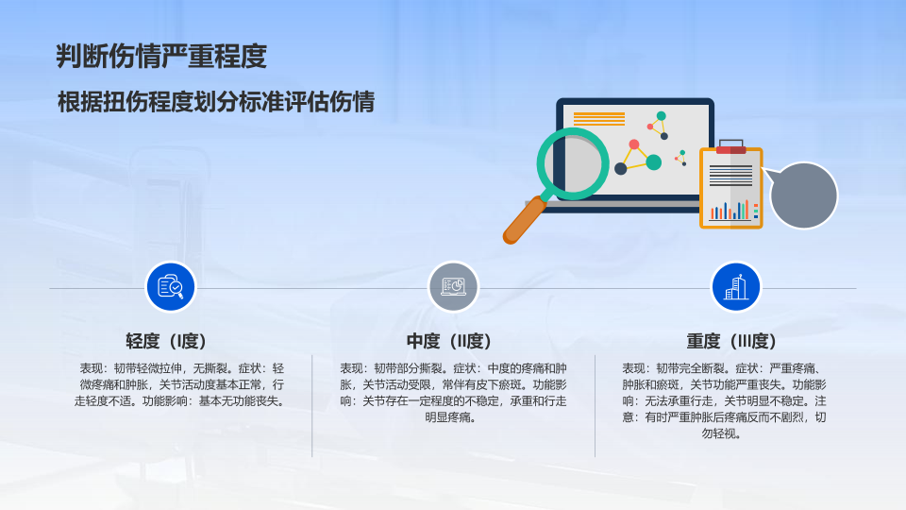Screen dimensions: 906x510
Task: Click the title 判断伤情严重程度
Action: click(161, 57)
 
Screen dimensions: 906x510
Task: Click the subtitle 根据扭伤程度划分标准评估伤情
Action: click(216, 102)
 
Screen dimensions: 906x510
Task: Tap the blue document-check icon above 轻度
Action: click(171, 287)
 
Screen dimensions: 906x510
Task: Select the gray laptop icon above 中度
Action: click(453, 287)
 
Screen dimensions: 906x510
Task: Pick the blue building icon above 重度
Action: click(735, 287)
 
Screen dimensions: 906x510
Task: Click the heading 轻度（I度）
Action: click(166, 341)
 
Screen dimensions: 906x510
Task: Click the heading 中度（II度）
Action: click(449, 341)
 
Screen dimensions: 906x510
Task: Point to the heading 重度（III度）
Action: click(731, 341)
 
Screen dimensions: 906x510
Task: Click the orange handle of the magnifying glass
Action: click(524, 220)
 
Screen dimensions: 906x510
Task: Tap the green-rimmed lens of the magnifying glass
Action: click(573, 164)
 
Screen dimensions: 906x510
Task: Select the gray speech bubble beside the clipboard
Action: click(802, 195)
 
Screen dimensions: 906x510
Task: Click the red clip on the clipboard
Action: click(730, 149)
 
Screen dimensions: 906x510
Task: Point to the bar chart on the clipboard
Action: click(730, 211)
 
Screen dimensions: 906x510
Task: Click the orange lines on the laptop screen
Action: click(599, 119)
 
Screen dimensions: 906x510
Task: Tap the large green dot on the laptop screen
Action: click(653, 162)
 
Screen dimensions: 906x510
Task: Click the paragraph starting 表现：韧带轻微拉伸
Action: click(179, 384)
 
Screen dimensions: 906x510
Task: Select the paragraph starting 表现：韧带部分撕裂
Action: click(453, 393)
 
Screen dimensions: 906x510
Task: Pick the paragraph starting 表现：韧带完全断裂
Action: click(724, 400)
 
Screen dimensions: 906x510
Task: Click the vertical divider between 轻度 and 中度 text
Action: click(312, 406)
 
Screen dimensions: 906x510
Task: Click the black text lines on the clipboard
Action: click(730, 176)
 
